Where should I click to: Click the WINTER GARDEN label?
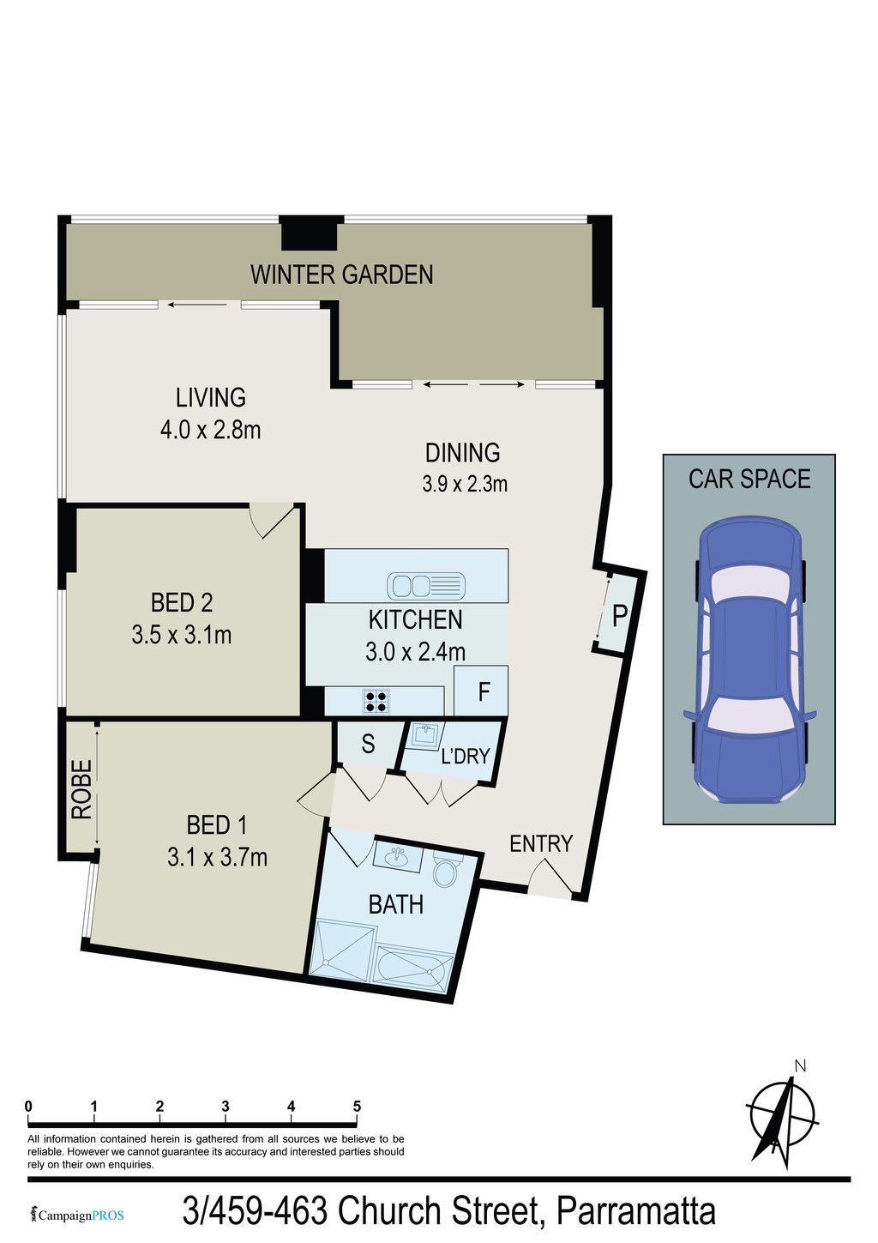point(341,275)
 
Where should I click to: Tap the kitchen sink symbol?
point(426,585)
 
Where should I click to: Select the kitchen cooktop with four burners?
point(376,701)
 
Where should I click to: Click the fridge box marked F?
point(481,691)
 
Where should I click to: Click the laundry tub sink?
point(426,736)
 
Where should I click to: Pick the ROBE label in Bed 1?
point(82,790)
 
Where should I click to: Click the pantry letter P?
point(619,615)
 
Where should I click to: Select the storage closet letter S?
point(369,744)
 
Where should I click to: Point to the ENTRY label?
point(541,844)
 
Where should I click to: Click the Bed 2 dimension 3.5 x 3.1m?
point(182,635)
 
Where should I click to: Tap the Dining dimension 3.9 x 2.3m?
point(465,484)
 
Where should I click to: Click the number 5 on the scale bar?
point(357,1107)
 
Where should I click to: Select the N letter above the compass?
point(800,1066)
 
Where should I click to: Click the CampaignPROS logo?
point(78,1216)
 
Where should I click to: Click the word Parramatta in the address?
point(635,1210)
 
